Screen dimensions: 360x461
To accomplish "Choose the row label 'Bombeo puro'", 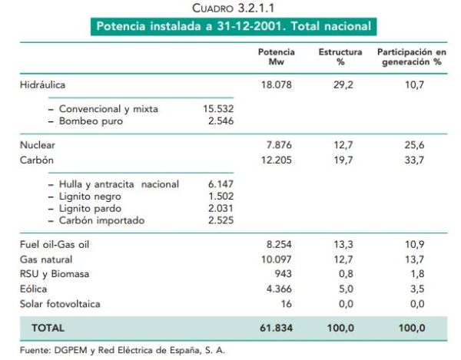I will tap(86, 121).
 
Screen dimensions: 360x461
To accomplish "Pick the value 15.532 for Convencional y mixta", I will tap(217, 109).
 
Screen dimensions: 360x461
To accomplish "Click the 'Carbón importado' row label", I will tap(101, 221).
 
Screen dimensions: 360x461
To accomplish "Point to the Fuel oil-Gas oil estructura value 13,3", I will tap(343, 244).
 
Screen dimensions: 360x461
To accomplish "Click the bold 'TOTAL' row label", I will tap(48, 329).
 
